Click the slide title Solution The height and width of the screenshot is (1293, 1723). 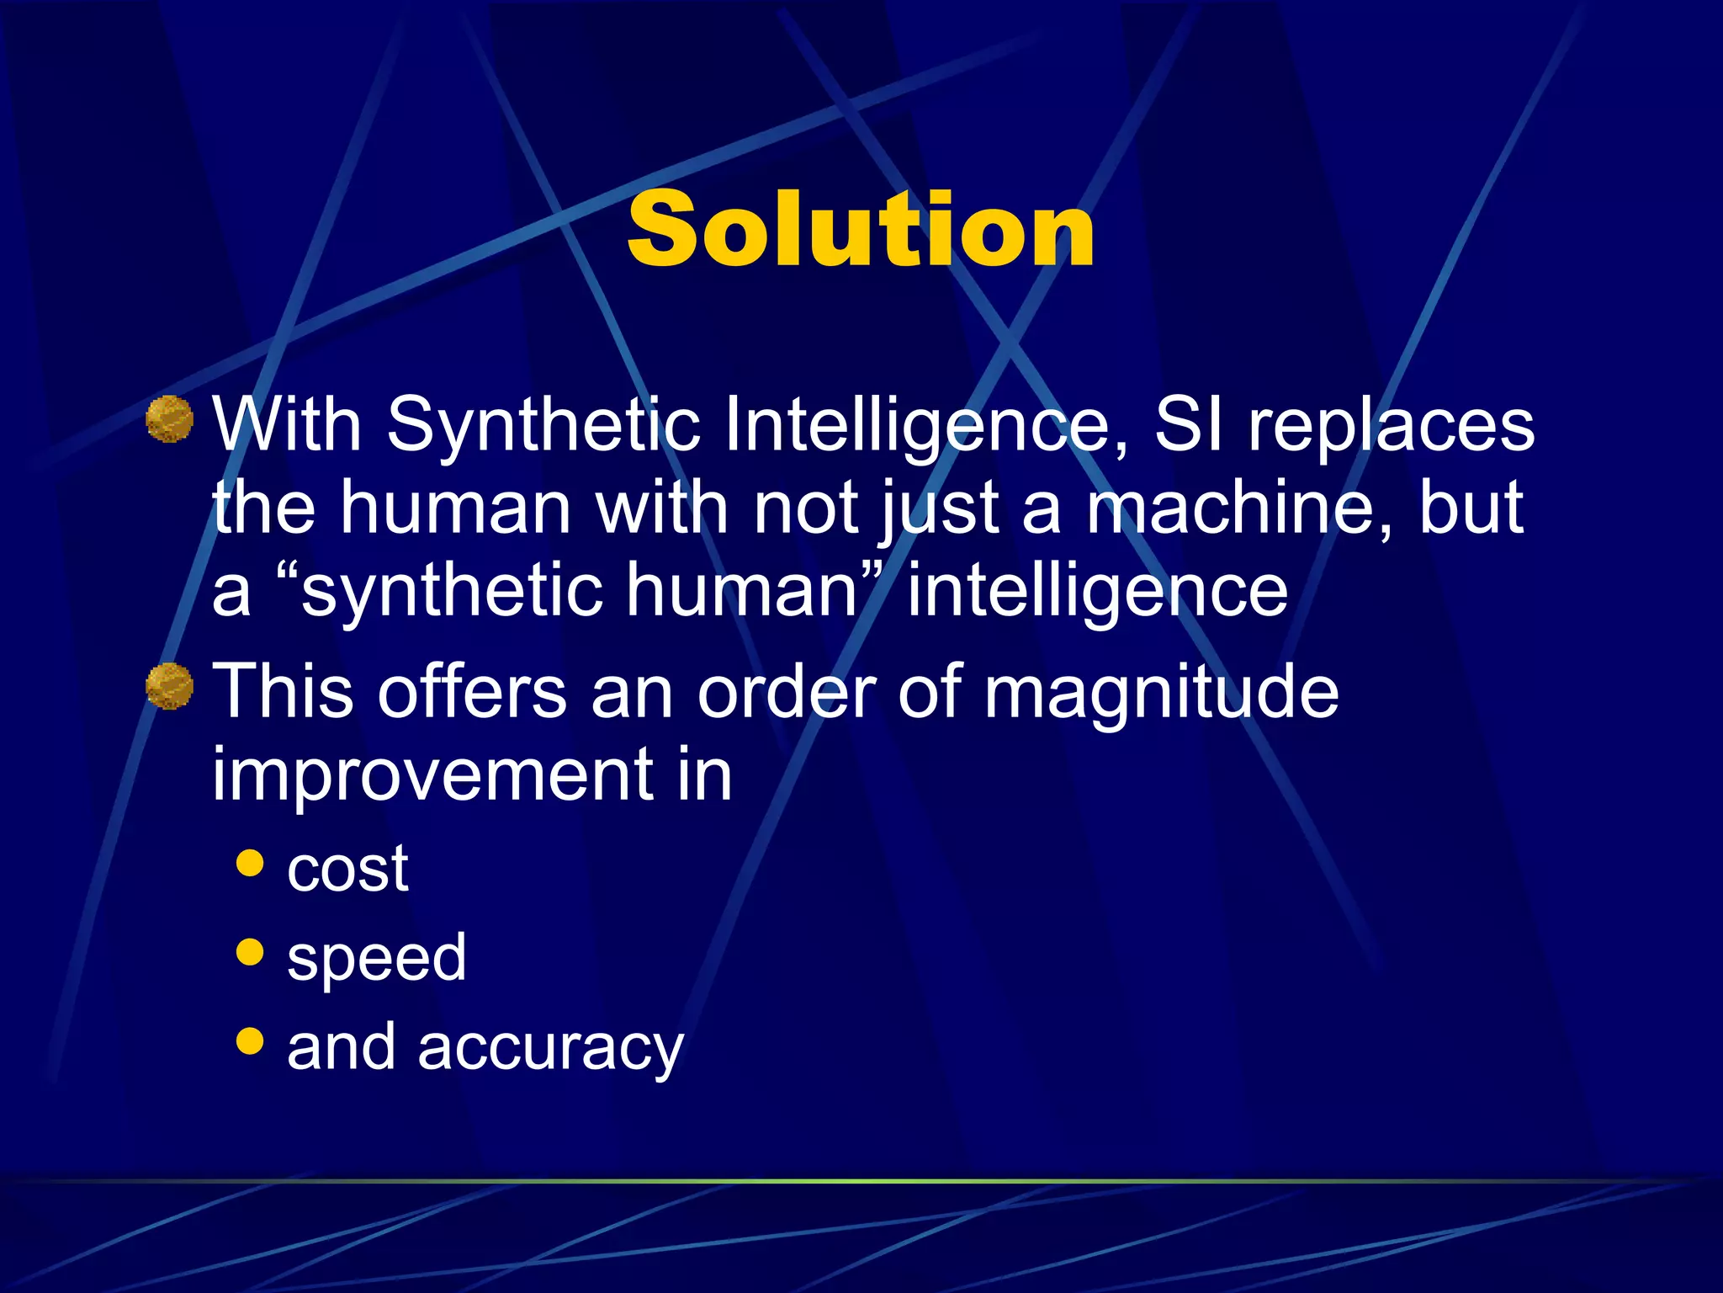pyautogui.click(x=861, y=229)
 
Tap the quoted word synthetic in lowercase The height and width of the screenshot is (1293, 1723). pyautogui.click(x=451, y=590)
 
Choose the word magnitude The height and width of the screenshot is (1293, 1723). pyautogui.click(x=1161, y=693)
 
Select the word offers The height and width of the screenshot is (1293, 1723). pyautogui.click(x=472, y=691)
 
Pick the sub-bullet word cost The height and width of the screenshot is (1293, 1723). pyautogui.click(x=347, y=869)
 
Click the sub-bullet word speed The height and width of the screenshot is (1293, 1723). pyautogui.click(x=376, y=959)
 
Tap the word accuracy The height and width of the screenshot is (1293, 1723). pyautogui.click(x=550, y=1049)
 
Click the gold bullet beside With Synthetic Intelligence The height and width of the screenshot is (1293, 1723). pyautogui.click(x=170, y=419)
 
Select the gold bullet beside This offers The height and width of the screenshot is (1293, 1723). pyautogui.click(x=170, y=686)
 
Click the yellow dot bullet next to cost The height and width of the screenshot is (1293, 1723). pyautogui.click(x=250, y=863)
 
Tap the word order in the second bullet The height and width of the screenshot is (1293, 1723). pyautogui.click(x=786, y=691)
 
